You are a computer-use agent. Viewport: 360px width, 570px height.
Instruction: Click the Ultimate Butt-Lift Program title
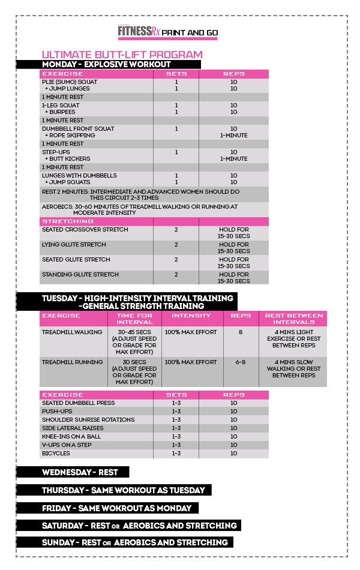122,55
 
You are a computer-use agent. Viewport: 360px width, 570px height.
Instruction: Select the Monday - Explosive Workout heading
106,64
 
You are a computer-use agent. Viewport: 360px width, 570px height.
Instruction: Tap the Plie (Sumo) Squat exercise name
70,82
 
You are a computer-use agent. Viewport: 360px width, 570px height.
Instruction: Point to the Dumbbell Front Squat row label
78,128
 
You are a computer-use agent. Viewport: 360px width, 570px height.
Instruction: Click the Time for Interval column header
134,319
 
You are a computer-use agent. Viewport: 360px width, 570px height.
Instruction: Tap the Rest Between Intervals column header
294,319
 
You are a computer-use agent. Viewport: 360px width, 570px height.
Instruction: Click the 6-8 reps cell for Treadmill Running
241,362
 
